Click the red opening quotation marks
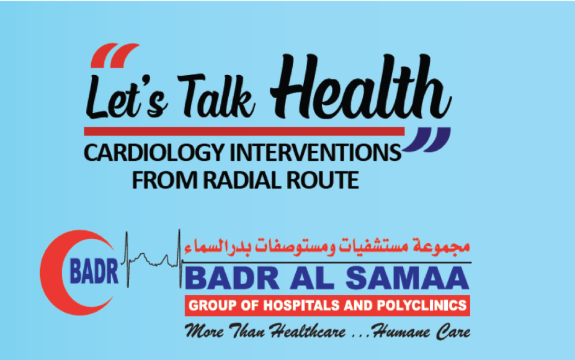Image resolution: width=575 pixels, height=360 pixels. [x=115, y=55]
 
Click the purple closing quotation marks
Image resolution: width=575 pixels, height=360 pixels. [x=427, y=140]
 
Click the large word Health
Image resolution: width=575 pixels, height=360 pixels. [x=361, y=87]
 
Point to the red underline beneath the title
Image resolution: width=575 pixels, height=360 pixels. [x=244, y=132]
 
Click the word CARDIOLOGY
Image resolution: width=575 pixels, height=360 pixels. [x=154, y=153]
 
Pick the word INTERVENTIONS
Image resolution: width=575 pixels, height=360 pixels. [x=315, y=152]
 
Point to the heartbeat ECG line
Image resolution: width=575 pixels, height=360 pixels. [x=154, y=259]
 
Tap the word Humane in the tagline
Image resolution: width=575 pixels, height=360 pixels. [x=401, y=331]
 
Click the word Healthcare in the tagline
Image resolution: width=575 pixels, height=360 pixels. [x=308, y=331]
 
